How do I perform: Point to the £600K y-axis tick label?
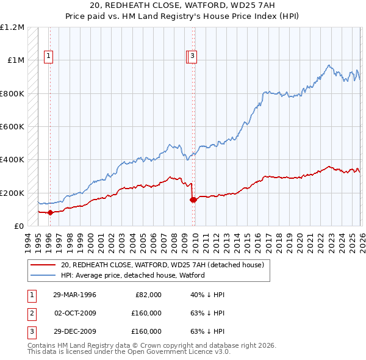click(12, 127)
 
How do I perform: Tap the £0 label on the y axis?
click(20, 226)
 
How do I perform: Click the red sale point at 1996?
click(50, 212)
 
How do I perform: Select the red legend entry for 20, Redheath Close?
click(162, 265)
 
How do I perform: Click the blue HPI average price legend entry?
click(132, 275)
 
